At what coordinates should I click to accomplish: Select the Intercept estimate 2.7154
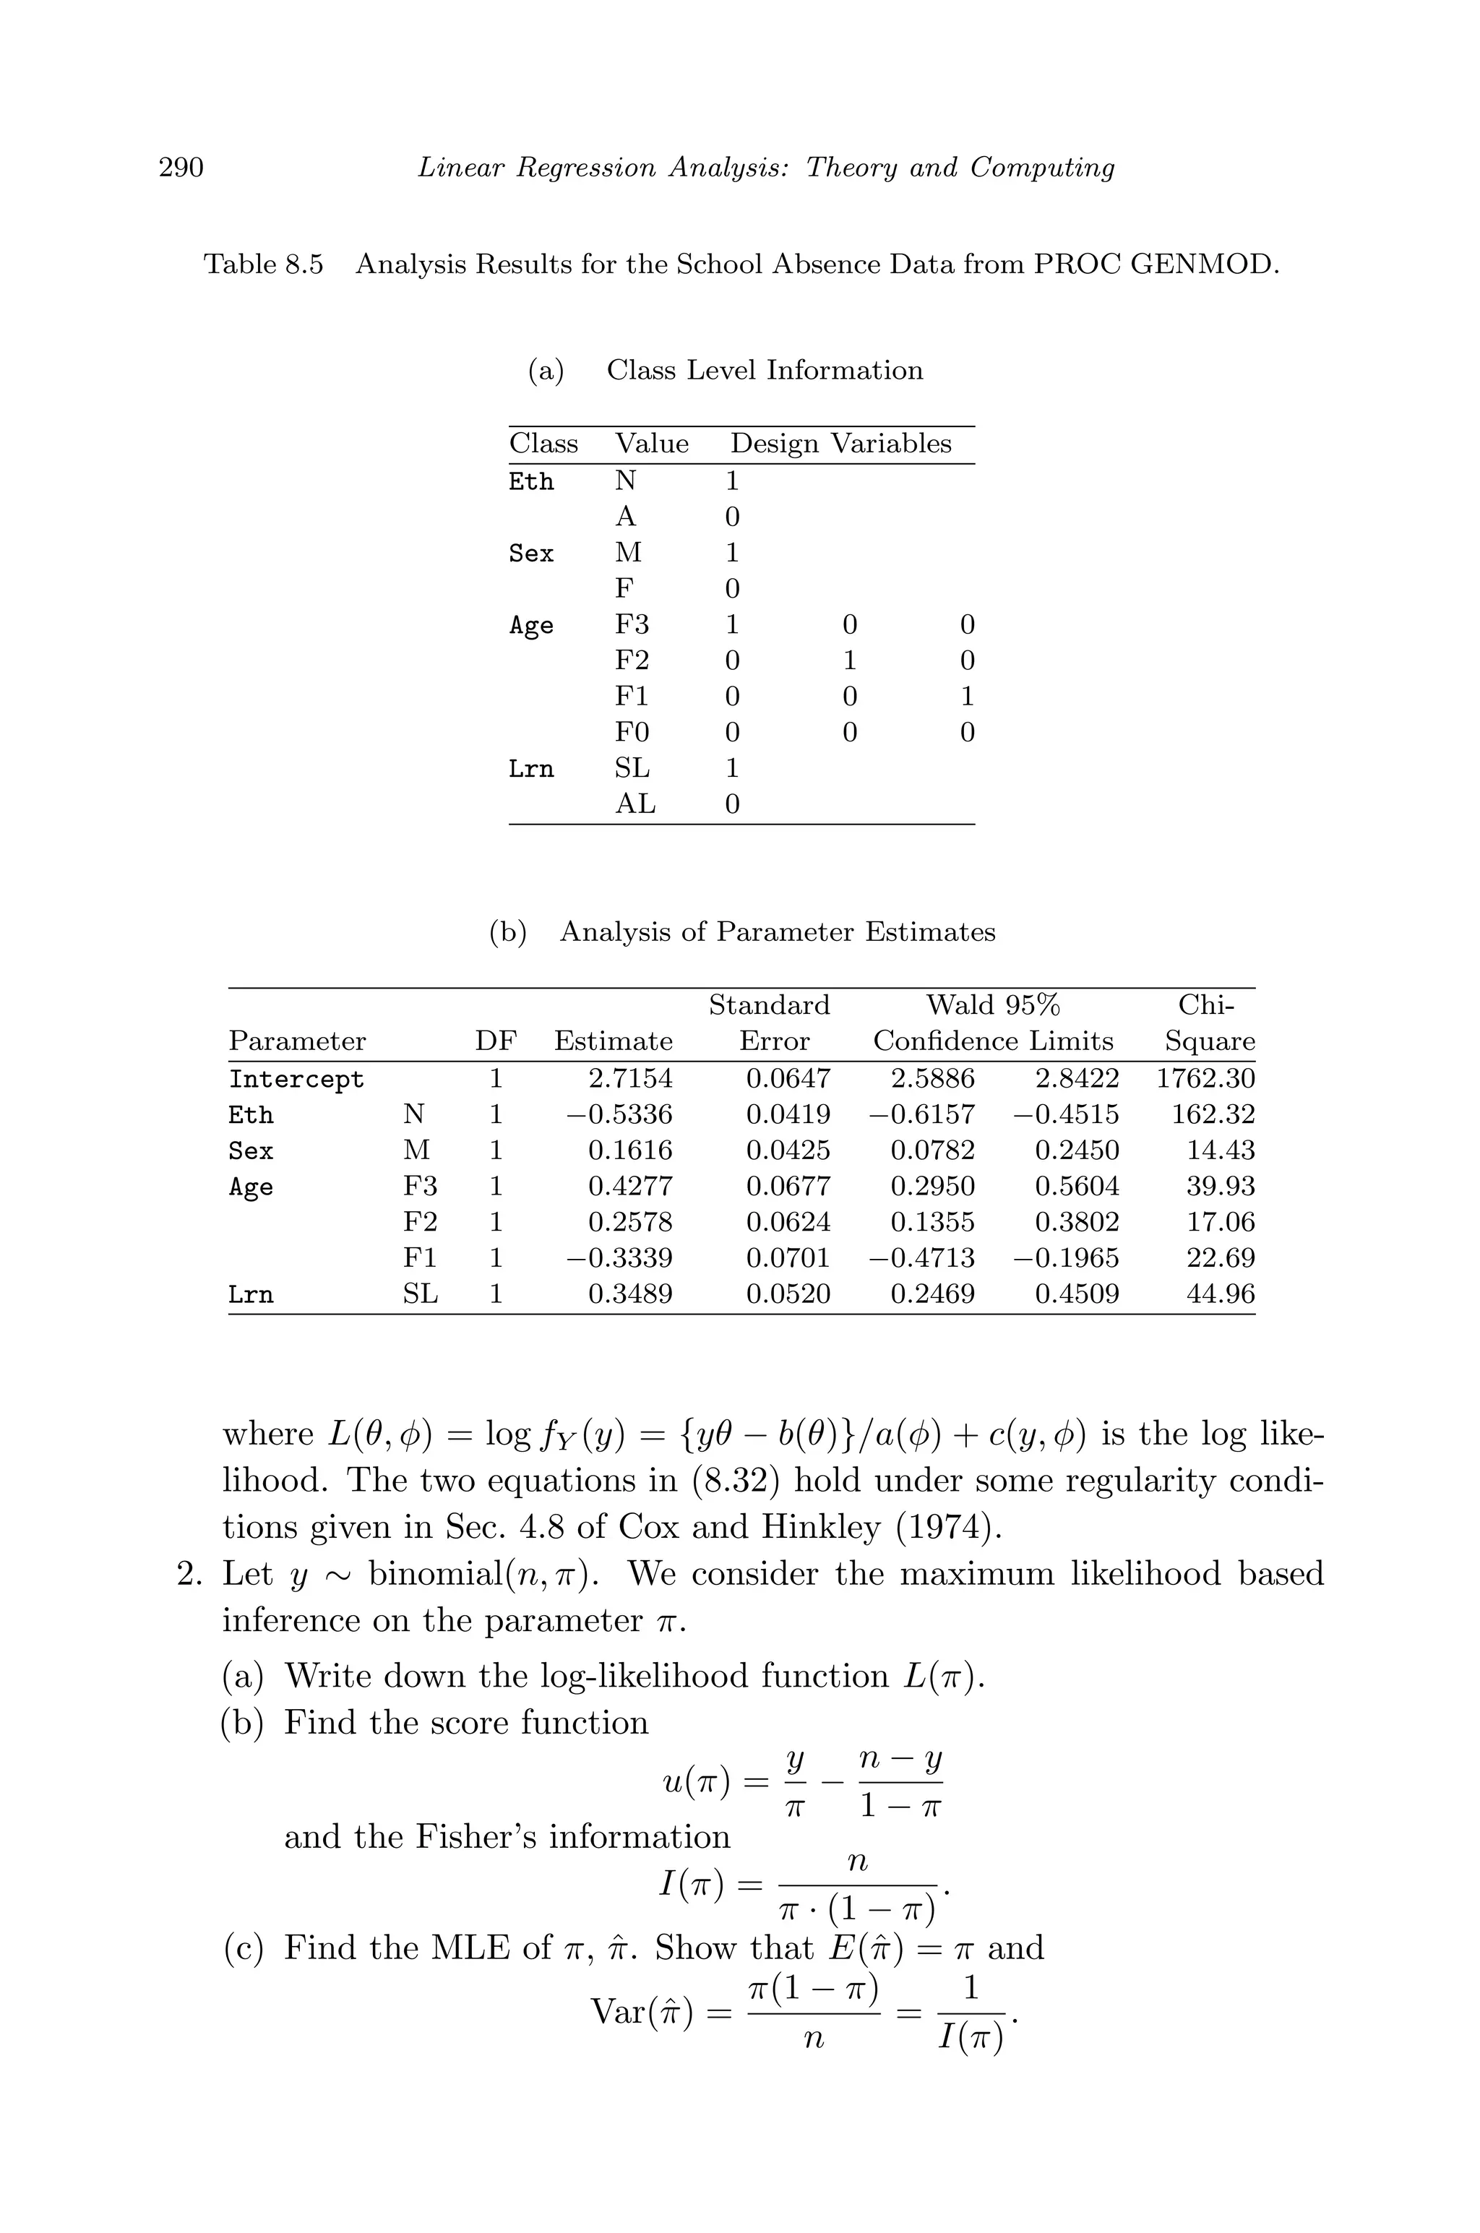[x=629, y=1079]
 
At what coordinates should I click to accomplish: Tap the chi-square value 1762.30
[x=1205, y=1079]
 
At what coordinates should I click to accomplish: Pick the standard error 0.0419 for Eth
[x=788, y=1114]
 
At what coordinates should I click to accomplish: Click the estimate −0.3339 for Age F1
[x=619, y=1258]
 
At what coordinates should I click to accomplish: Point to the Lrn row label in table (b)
[x=250, y=1295]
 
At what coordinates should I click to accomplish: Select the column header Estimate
[x=613, y=1041]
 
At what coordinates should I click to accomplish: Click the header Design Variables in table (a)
[x=840, y=444]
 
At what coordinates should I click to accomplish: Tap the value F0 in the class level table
[x=632, y=732]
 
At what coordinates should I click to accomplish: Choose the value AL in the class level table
[x=634, y=804]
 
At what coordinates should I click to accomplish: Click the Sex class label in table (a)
[x=530, y=553]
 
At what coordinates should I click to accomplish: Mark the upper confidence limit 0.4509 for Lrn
[x=1077, y=1294]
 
